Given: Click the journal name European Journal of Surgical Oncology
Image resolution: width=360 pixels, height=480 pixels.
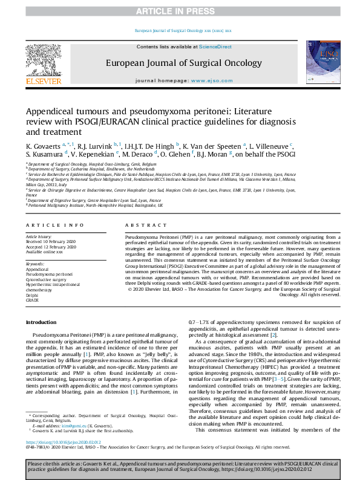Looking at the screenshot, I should coord(179,62).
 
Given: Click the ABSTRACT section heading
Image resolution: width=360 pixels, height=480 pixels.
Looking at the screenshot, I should coord(137,224).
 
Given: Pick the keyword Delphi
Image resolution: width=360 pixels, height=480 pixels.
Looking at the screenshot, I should coord(31,294).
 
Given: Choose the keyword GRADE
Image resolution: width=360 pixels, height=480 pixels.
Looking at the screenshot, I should coord(32,300).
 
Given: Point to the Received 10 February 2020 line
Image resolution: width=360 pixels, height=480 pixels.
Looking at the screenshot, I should coord(51,242).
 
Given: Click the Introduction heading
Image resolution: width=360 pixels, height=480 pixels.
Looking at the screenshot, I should coord(41,322).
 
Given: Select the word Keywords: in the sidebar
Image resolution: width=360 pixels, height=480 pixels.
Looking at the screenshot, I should coord(35,264).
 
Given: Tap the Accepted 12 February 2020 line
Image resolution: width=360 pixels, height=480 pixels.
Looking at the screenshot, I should coord(51,247).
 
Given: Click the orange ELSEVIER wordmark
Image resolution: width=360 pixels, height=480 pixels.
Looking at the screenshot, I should coord(44,81).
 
